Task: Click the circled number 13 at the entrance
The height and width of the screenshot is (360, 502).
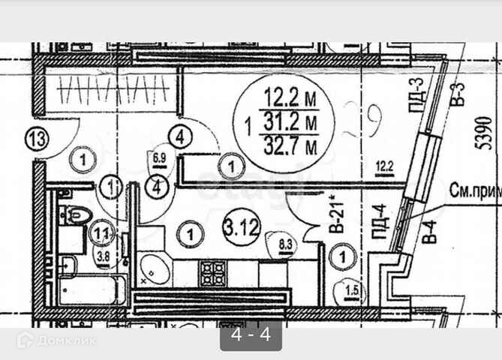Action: click(37, 139)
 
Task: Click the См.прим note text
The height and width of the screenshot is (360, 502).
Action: click(475, 190)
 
